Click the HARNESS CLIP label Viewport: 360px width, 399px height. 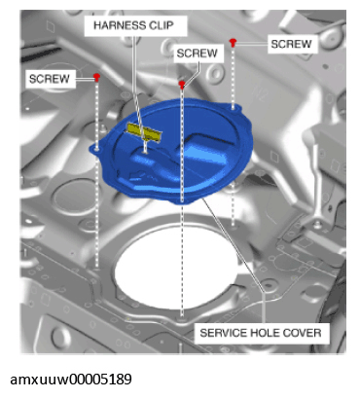pyautogui.click(x=133, y=25)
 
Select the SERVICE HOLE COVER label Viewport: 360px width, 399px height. pyautogui.click(x=261, y=333)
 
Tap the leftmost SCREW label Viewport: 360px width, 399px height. pyautogui.click(x=50, y=79)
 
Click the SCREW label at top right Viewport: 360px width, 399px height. pyautogui.click(x=291, y=44)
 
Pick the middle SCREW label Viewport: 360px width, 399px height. pyautogui.click(x=198, y=54)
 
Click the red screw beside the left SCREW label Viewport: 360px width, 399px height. pyautogui.click(x=96, y=77)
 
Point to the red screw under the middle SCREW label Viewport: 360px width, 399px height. pyautogui.click(x=182, y=85)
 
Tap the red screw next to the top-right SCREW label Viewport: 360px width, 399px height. pyautogui.click(x=233, y=42)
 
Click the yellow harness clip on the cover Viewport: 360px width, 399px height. pyautogui.click(x=144, y=132)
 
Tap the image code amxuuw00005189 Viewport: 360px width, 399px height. pyautogui.click(x=71, y=379)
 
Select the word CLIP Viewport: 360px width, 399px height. pyautogui.click(x=162, y=25)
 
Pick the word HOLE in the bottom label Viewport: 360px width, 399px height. pyautogui.click(x=264, y=333)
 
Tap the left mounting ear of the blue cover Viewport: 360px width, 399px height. pyautogui.click(x=96, y=149)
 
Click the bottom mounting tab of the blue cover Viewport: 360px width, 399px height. pyautogui.click(x=182, y=201)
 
